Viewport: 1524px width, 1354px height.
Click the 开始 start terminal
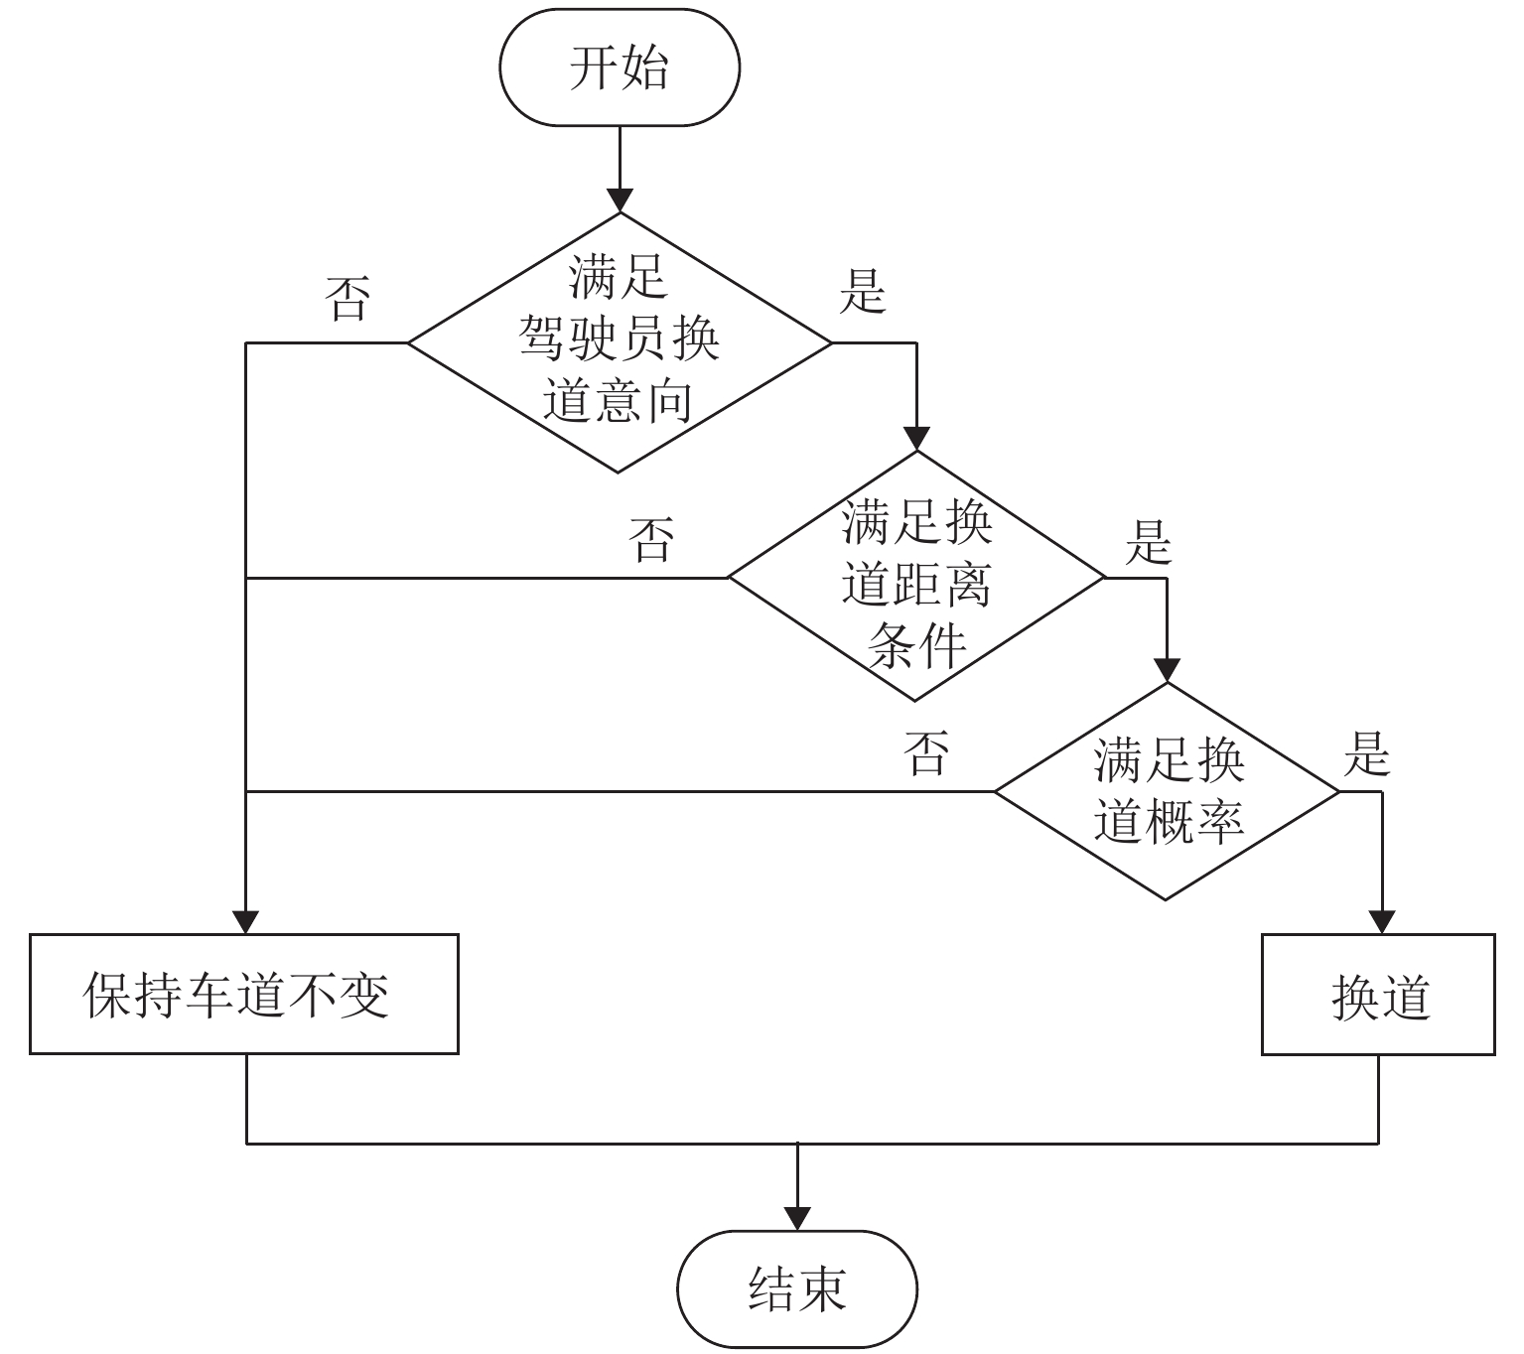[x=620, y=68]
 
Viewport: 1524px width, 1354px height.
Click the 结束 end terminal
[x=797, y=1288]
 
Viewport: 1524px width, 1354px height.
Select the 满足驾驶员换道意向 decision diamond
[x=619, y=342]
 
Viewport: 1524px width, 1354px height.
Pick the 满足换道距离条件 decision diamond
[x=916, y=577]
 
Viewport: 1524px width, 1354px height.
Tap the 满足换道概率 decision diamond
[x=1168, y=791]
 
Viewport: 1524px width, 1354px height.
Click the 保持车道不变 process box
[x=244, y=994]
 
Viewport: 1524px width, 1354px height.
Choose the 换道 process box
[x=1378, y=994]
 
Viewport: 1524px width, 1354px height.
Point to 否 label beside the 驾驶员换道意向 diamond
[x=348, y=298]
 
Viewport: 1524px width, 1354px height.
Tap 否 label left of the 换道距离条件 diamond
[x=651, y=538]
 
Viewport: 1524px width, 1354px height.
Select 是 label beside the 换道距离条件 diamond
[x=1148, y=542]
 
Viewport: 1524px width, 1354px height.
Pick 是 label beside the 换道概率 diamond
[x=1366, y=753]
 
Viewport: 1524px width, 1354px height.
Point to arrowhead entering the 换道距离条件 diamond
[x=916, y=439]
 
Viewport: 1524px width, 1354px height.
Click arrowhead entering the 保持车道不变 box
[x=245, y=921]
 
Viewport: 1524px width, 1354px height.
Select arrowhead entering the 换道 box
[x=1378, y=921]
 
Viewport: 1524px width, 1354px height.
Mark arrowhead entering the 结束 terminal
[x=797, y=1218]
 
